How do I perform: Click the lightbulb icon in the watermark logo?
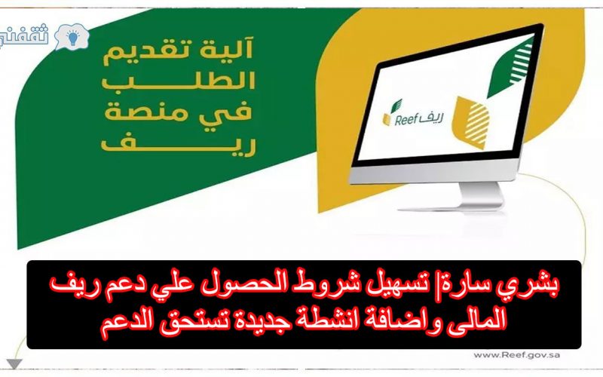tap(73, 38)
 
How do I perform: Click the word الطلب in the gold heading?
tap(178, 80)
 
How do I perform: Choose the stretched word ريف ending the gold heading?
tap(178, 143)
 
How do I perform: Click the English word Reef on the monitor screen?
tap(406, 120)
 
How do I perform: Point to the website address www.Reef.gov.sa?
tap(516, 355)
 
